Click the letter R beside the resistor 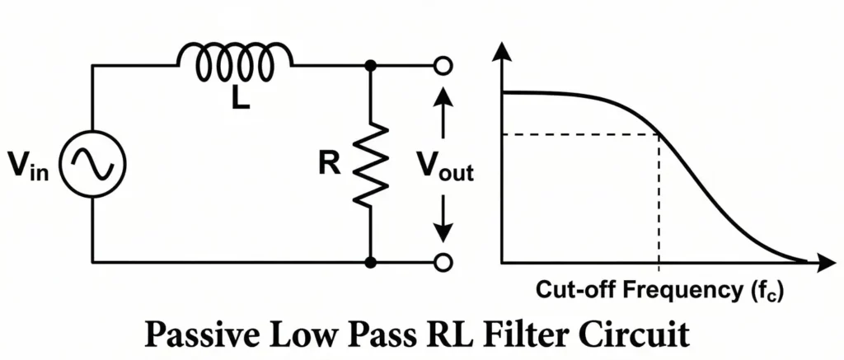coord(330,165)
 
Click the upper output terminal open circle coord(443,64)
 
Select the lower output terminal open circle coord(443,263)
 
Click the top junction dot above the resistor coord(371,64)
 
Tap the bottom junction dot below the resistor coord(371,263)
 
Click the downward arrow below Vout coord(443,219)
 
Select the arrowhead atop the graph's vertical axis coord(502,51)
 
